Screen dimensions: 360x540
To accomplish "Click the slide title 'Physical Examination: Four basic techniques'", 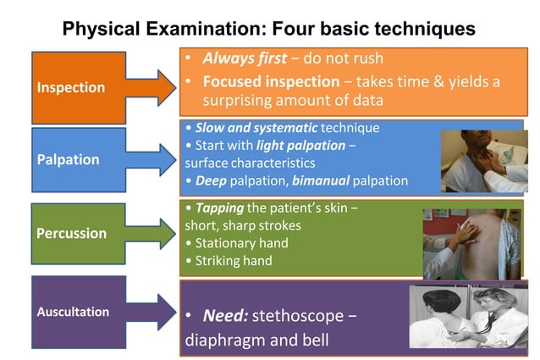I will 269,29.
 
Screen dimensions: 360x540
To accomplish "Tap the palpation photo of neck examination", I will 482,162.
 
